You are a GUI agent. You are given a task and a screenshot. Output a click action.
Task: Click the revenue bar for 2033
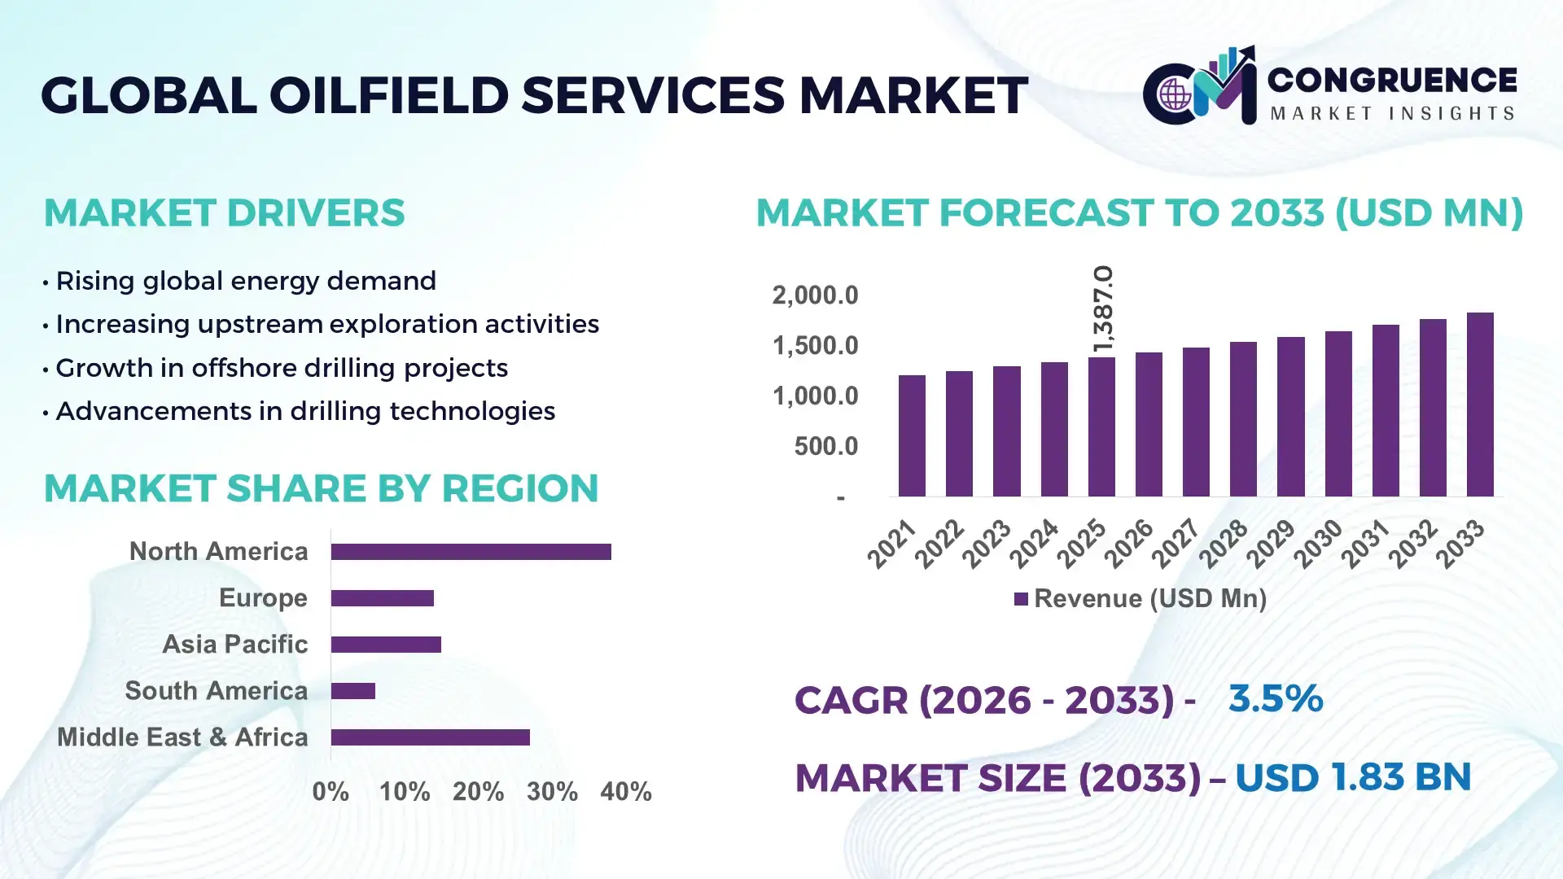pyautogui.click(x=1479, y=405)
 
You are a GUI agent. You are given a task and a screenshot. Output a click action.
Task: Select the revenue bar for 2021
pyautogui.click(x=912, y=435)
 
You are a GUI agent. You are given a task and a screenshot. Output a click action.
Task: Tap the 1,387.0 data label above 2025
pyautogui.click(x=1103, y=309)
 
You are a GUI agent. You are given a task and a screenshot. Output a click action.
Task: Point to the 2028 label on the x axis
pyautogui.click(x=1223, y=543)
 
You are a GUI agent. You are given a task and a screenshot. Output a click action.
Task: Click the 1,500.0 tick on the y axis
pyautogui.click(x=815, y=346)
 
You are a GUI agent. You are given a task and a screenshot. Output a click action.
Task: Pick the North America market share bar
pyautogui.click(x=471, y=552)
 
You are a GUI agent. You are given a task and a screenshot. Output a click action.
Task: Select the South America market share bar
pyautogui.click(x=352, y=691)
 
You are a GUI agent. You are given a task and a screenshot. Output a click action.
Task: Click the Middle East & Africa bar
pyautogui.click(x=430, y=737)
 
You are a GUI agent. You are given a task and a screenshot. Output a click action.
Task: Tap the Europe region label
pyautogui.click(x=263, y=598)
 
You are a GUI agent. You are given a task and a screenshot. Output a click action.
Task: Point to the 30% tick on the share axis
pyautogui.click(x=552, y=792)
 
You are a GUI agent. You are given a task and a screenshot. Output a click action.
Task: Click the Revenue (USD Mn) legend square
pyautogui.click(x=1021, y=599)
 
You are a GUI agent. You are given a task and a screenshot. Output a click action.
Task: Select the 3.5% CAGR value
pyautogui.click(x=1275, y=699)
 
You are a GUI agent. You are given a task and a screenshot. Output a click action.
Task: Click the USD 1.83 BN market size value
pyautogui.click(x=1353, y=777)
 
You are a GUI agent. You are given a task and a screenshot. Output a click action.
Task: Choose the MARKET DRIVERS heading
pyautogui.click(x=224, y=213)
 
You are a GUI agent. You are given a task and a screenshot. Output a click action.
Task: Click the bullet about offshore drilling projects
pyautogui.click(x=281, y=368)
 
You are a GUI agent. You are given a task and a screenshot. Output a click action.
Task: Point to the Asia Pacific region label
pyautogui.click(x=234, y=645)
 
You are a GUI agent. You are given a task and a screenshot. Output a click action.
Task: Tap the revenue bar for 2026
pyautogui.click(x=1148, y=424)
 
